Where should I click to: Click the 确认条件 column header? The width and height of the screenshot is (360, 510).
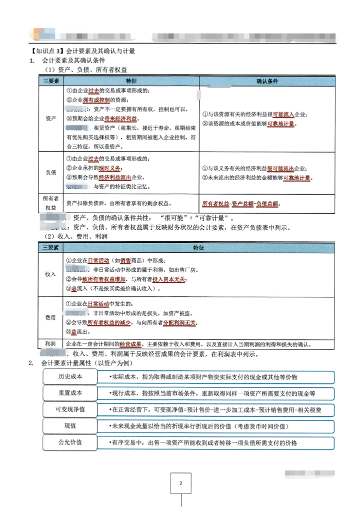click(267, 81)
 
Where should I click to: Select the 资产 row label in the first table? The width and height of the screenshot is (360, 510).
click(50, 118)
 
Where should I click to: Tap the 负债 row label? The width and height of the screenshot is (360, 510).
click(50, 173)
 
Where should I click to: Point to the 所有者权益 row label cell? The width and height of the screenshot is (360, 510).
click(50, 203)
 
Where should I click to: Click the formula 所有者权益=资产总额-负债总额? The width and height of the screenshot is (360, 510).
click(240, 204)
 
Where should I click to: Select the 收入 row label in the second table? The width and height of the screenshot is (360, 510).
click(50, 274)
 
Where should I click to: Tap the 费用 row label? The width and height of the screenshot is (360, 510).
click(50, 318)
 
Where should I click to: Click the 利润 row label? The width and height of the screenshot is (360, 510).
click(50, 344)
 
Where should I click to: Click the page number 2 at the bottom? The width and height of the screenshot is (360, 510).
click(180, 483)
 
